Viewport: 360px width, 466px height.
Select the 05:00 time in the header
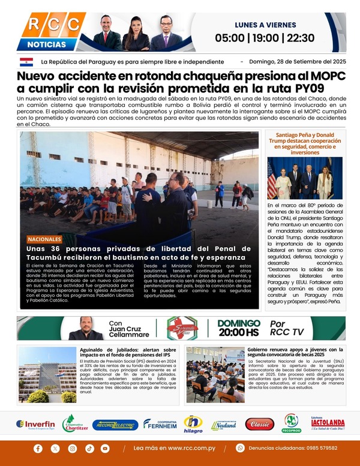230,37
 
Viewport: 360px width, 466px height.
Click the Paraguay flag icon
26,62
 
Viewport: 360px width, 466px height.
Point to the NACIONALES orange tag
44,239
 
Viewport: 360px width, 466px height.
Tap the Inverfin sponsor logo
36,424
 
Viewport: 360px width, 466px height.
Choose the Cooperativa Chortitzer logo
76,423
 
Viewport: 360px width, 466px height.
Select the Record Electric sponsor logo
115,425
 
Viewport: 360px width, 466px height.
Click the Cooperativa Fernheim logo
160,423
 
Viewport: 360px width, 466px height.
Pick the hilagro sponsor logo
193,423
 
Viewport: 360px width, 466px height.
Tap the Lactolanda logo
328,423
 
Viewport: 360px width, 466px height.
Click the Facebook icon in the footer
38,448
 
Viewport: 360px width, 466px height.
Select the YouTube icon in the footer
106,448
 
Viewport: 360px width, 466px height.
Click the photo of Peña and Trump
304,178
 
